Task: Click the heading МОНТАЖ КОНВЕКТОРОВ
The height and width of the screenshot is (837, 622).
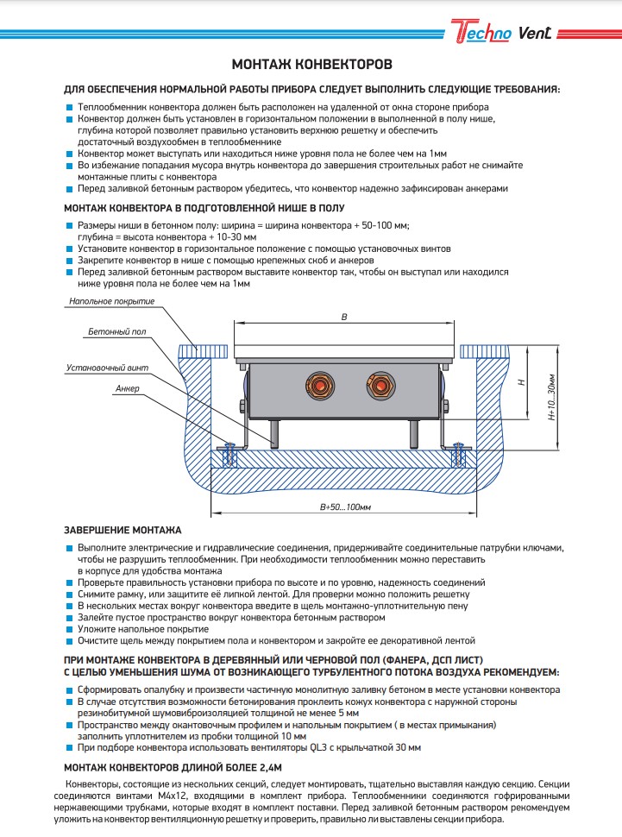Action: coord(311,65)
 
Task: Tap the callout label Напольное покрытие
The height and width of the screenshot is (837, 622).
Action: coord(113,301)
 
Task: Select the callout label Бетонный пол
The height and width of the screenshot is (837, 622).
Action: coord(116,331)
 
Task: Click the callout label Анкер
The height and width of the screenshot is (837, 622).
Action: coord(127,389)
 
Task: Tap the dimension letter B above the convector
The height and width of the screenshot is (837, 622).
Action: coord(344,317)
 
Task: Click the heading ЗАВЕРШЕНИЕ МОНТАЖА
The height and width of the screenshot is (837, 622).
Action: coord(123,529)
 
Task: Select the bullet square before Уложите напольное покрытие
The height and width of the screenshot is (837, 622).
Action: coord(69,630)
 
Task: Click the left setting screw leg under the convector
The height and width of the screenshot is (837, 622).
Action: coord(273,432)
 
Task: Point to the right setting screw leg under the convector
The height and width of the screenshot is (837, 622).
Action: coord(413,432)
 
